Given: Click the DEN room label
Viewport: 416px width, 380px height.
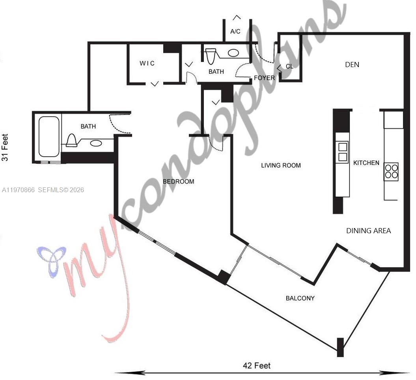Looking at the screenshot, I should point(352,64).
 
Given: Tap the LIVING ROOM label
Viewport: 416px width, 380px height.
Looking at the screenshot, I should point(281,165).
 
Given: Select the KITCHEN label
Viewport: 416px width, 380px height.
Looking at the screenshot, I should point(366,163).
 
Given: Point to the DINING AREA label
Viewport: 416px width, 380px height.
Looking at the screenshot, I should point(368,230).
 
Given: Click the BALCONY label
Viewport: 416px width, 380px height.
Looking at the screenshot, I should point(300,298).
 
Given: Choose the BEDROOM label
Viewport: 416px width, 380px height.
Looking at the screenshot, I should point(179,182).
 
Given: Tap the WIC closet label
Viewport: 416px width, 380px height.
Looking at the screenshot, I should point(147,63).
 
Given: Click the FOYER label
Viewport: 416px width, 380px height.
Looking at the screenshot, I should point(264,78).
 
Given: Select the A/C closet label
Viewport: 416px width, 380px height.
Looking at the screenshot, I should point(235,31).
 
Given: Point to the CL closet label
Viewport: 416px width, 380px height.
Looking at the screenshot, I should point(289,66).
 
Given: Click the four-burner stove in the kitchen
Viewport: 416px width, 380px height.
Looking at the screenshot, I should point(391,172).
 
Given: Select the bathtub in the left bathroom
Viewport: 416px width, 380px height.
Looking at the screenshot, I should point(49,137).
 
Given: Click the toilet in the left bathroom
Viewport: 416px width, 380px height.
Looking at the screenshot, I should point(71,140).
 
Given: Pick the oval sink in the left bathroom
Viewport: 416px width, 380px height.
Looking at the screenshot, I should point(96,143).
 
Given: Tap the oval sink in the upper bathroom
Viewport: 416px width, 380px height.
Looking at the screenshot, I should point(233,53).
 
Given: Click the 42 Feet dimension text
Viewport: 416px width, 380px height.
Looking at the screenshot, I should point(256,365).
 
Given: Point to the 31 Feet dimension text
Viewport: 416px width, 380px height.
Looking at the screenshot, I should point(5,148).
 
